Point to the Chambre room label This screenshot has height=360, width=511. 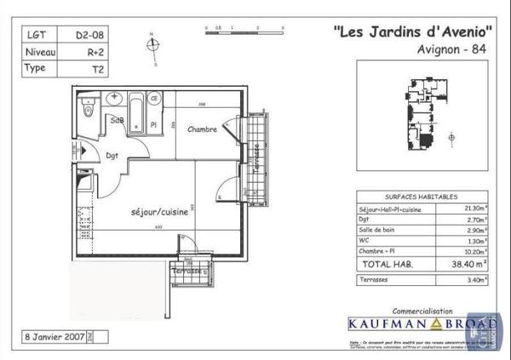pyautogui.click(x=203, y=130)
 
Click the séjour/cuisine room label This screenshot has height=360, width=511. pyautogui.click(x=159, y=211)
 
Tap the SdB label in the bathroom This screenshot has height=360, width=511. pyautogui.click(x=118, y=122)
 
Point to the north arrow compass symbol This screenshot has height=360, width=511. pyautogui.click(x=152, y=48)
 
